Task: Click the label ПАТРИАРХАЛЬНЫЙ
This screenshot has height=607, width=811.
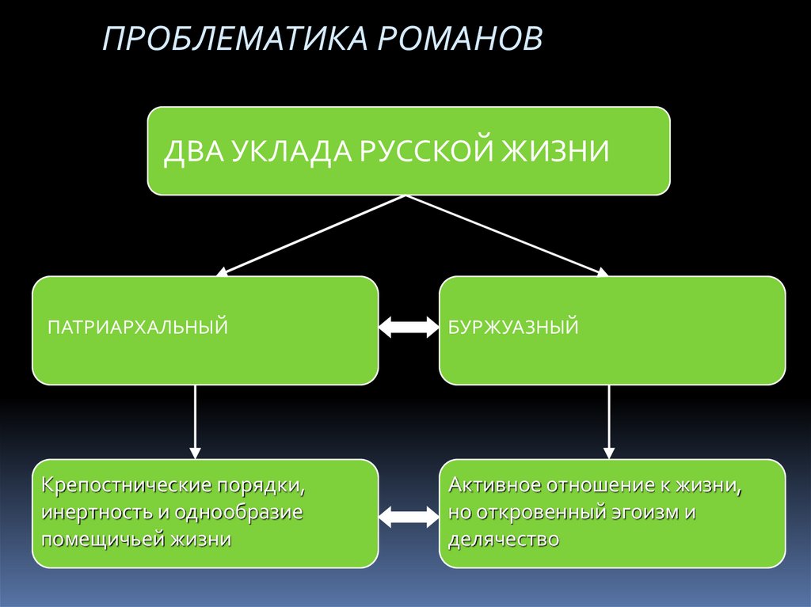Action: pyautogui.click(x=139, y=326)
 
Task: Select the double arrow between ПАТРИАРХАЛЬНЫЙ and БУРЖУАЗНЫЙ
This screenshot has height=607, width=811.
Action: pyautogui.click(x=409, y=326)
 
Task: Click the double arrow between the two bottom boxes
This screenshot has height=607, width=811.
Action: pyautogui.click(x=409, y=517)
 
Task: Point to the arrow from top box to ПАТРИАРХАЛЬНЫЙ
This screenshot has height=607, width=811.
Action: pyautogui.click(x=314, y=235)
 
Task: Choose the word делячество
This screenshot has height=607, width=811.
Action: pyautogui.click(x=504, y=540)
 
